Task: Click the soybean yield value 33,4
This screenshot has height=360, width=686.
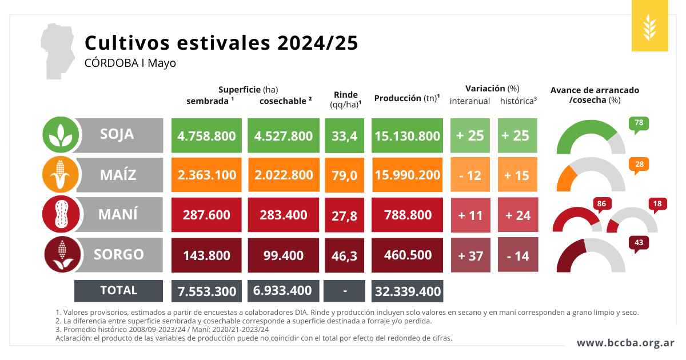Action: tap(344, 136)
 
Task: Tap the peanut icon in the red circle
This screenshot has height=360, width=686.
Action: tap(60, 214)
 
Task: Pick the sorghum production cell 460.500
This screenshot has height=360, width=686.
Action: tap(407, 255)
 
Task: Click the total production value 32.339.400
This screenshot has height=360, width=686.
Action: tap(407, 291)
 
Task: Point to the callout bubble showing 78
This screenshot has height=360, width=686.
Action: tap(639, 123)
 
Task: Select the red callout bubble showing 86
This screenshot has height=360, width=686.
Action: tap(601, 204)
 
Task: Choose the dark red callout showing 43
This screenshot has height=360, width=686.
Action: tap(639, 243)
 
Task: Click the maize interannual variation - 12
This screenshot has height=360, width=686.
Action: tap(470, 175)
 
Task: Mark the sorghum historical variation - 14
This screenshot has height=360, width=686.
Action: tap(517, 255)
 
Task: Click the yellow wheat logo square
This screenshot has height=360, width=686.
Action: tap(649, 26)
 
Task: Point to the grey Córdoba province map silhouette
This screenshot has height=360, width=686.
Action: tap(57, 50)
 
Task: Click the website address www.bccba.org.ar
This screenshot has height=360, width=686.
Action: tap(625, 343)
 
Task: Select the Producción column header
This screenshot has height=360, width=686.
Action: tap(406, 98)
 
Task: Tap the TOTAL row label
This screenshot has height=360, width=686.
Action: tap(118, 290)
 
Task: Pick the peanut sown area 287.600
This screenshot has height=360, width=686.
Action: tap(206, 215)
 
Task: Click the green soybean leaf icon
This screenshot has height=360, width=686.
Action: tap(60, 135)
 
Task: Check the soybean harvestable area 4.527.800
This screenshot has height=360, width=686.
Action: tap(283, 136)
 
